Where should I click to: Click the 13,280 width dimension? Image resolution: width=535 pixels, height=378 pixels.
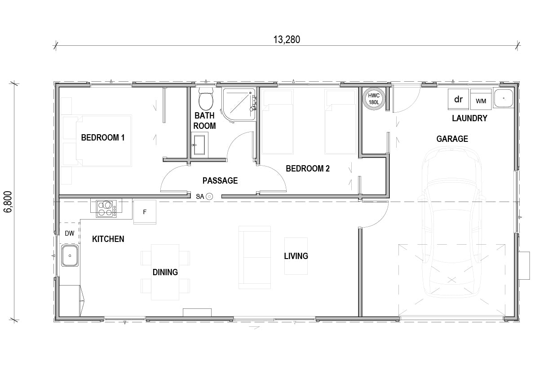pyautogui.click(x=287, y=40)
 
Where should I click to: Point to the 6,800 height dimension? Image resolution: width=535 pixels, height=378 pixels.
pyautogui.click(x=8, y=202)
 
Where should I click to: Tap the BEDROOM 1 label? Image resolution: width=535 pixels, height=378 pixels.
pyautogui.click(x=103, y=138)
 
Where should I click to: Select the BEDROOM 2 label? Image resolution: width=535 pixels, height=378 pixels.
pyautogui.click(x=307, y=168)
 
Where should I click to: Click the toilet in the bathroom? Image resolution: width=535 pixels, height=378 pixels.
pyautogui.click(x=206, y=98)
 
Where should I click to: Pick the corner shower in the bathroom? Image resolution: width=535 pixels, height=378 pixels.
pyautogui.click(x=239, y=104)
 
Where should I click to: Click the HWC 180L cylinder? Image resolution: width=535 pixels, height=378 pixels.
pyautogui.click(x=374, y=99)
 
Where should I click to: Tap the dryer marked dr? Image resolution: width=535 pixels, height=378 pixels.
pyautogui.click(x=458, y=99)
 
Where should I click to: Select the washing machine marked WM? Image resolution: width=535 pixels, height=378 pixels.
pyautogui.click(x=481, y=99)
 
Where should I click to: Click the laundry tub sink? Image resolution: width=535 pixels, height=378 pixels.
pyautogui.click(x=503, y=98)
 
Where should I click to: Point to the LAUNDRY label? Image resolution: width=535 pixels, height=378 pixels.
pyautogui.click(x=469, y=118)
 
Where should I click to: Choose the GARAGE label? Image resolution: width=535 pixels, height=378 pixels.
pyautogui.click(x=452, y=139)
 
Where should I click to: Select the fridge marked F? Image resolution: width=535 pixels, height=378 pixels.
pyautogui.click(x=145, y=212)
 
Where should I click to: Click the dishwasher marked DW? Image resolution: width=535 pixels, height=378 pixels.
pyautogui.click(x=70, y=233)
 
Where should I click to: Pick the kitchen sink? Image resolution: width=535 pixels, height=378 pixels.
pyautogui.click(x=70, y=255)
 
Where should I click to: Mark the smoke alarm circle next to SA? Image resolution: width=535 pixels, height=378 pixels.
pyautogui.click(x=209, y=196)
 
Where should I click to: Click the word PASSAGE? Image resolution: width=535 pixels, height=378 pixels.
pyautogui.click(x=220, y=180)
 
